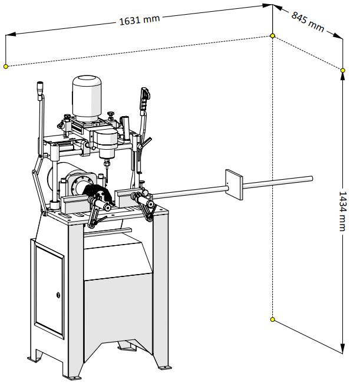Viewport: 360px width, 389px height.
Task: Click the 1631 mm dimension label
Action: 139,20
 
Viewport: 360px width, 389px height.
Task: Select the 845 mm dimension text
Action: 308,21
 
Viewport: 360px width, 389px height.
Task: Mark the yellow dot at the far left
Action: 6,66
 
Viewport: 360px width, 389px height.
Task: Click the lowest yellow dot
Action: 272,319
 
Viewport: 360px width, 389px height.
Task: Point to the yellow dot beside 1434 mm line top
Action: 343,71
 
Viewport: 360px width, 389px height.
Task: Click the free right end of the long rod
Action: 311,178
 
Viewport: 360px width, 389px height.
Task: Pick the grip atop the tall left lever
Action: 40,88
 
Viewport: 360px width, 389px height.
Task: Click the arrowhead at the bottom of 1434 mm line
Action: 342,350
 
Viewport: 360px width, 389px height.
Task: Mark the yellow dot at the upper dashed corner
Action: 272,36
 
